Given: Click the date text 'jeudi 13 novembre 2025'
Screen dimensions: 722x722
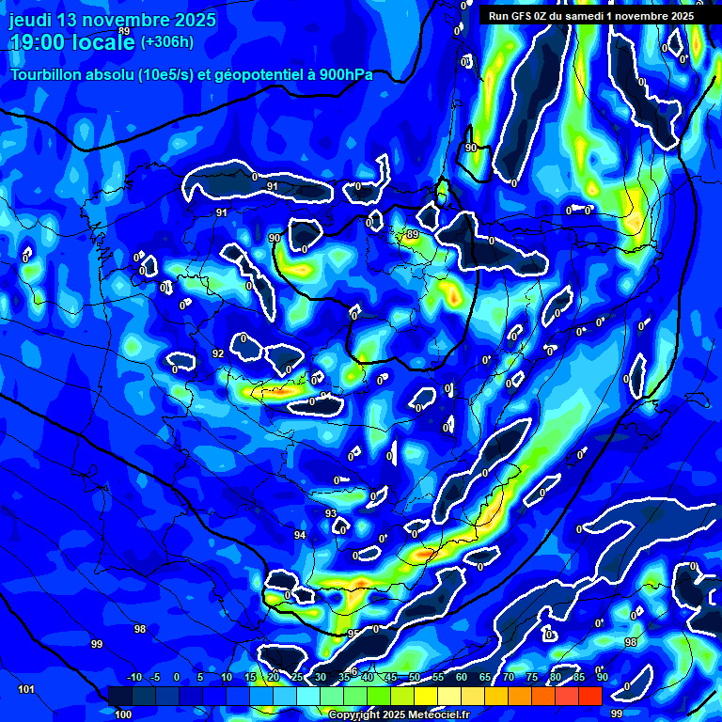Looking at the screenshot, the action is [113, 20].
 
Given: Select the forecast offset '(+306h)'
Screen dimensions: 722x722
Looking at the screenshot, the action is [166, 41].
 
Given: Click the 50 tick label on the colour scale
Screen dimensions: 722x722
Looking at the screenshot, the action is [415, 678].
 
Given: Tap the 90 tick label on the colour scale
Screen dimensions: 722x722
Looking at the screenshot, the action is [602, 678].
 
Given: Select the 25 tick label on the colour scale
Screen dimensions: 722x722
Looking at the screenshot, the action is [297, 678].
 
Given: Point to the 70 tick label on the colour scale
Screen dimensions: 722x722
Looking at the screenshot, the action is [509, 678].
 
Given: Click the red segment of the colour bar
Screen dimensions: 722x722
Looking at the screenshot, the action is [589, 696].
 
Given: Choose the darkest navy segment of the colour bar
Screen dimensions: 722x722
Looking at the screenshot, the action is [119, 696].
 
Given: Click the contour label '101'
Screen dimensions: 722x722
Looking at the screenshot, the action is [26, 690].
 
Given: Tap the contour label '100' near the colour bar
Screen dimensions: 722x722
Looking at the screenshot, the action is [123, 715].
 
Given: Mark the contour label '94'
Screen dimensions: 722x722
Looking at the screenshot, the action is [300, 535].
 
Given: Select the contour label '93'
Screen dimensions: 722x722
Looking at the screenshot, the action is [331, 513].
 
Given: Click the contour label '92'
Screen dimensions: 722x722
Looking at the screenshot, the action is [218, 353].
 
